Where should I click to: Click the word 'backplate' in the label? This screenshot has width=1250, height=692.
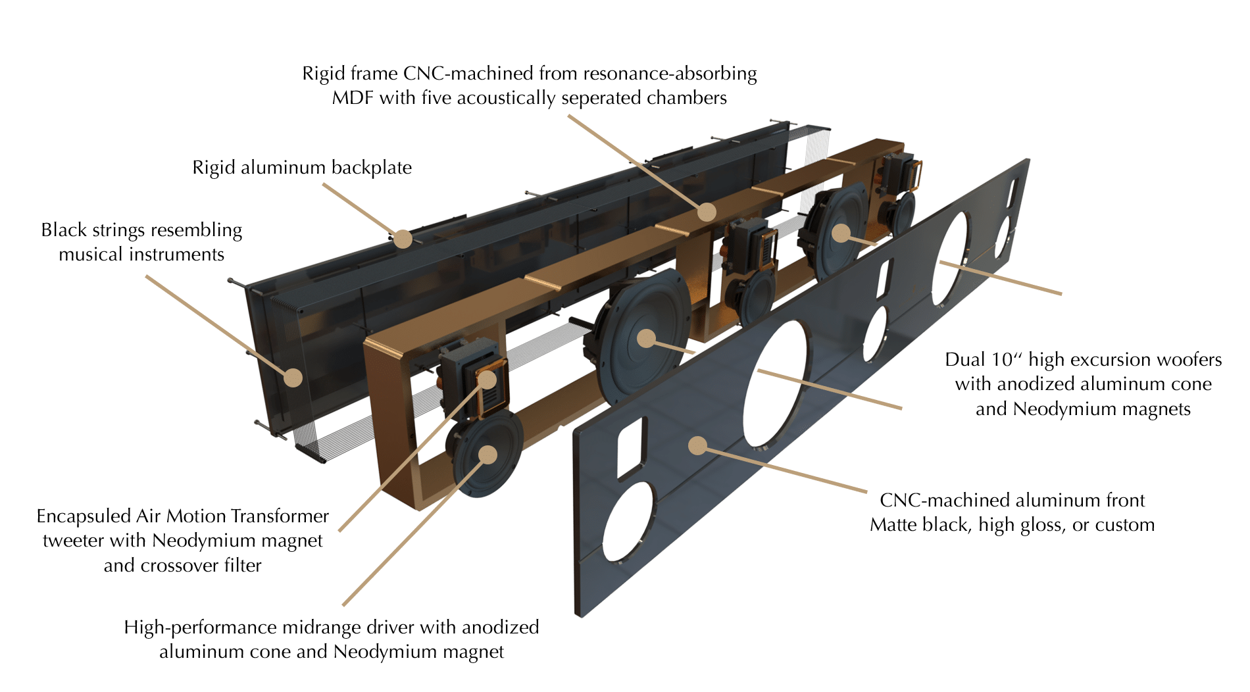tap(371, 168)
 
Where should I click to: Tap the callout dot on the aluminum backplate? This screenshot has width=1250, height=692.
tap(403, 239)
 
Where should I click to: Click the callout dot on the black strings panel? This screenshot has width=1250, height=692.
tap(293, 378)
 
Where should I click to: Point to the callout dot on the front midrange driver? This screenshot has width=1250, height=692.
tap(488, 455)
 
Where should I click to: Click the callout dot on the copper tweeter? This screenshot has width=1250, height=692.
tap(487, 379)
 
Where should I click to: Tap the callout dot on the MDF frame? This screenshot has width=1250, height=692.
tap(707, 212)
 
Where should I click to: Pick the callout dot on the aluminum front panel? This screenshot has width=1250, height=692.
tap(697, 446)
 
